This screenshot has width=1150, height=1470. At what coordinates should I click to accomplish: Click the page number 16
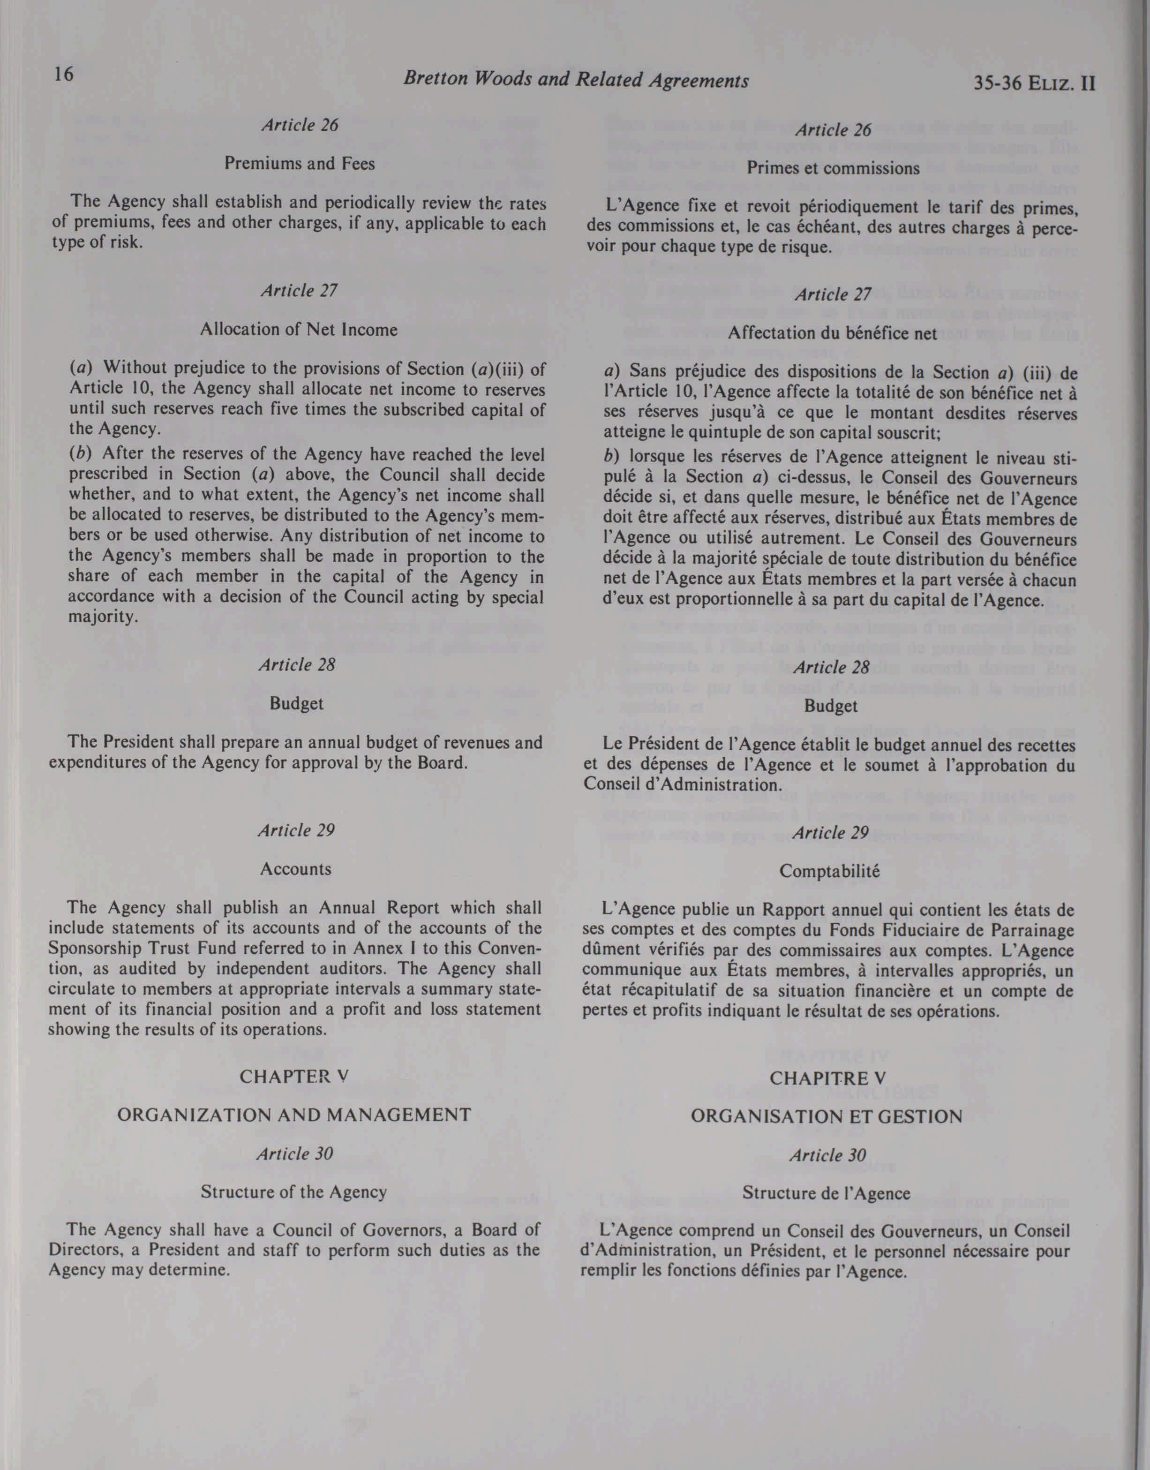coord(63,75)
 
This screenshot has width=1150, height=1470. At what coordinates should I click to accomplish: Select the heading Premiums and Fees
coord(300,164)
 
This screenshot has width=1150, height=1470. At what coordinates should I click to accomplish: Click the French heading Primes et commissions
coord(833,168)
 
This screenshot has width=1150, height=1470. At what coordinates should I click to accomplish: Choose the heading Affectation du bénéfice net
coord(832,333)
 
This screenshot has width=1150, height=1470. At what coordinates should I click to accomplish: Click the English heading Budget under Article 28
coord(296,704)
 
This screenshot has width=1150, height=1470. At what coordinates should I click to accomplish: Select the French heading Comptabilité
coord(829,871)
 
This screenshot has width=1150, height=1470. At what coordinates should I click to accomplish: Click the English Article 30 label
coord(294,1153)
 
